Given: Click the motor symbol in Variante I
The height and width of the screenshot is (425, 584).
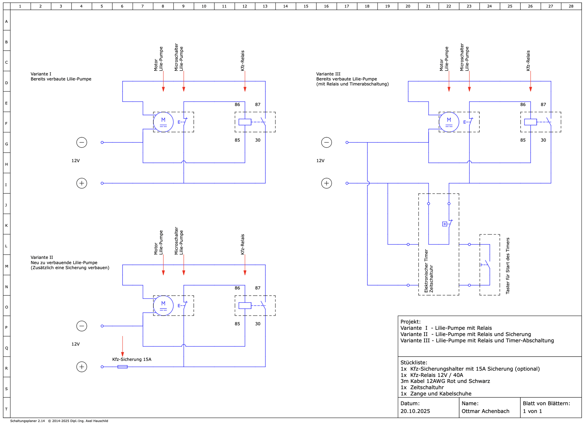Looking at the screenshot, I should pos(163,122).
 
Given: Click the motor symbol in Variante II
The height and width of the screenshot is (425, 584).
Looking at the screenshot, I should pos(163,306).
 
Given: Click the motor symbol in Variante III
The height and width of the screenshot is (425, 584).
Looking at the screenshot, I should pos(449,122).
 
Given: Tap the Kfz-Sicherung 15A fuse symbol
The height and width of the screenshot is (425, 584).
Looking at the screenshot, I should pos(122,367).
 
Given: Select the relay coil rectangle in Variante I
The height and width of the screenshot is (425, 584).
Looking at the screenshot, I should pos(245,122).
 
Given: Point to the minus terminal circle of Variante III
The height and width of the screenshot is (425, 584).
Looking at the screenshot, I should pos(327,142).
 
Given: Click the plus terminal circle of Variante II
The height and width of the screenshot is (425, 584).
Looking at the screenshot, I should pos(82,367).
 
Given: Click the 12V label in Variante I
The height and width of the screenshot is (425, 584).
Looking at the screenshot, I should pos(76,161).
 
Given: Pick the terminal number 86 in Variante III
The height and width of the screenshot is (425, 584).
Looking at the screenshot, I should pos(523,105).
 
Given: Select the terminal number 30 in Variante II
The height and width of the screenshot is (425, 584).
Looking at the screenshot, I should pos(258,324).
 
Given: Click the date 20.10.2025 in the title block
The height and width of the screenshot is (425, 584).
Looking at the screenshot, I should pos(415,411).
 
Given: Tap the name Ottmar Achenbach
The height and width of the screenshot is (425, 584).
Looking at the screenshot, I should pos(485,411).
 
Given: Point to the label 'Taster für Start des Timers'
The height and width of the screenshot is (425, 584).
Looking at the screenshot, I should pos(508,266).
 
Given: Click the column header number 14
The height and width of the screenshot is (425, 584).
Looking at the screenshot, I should pos(285,6).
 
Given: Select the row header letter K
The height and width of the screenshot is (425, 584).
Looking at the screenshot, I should pos(6,225).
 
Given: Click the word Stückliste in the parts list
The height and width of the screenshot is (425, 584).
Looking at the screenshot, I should pos(413,363).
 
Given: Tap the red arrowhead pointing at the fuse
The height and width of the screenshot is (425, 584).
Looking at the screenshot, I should pos(122,354).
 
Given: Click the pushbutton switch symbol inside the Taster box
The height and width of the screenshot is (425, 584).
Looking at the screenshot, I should pos(487,265).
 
